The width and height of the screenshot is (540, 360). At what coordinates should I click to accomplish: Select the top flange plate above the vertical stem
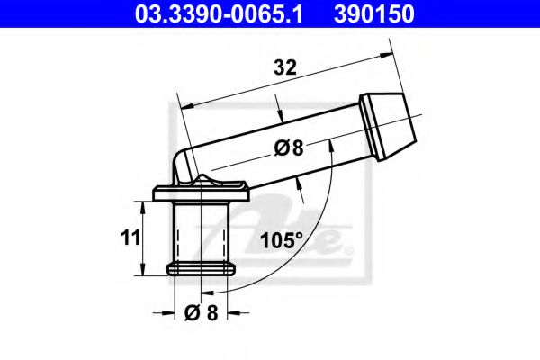tap(202, 192)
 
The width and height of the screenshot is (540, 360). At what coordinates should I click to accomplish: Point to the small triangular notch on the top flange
tap(205, 183)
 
